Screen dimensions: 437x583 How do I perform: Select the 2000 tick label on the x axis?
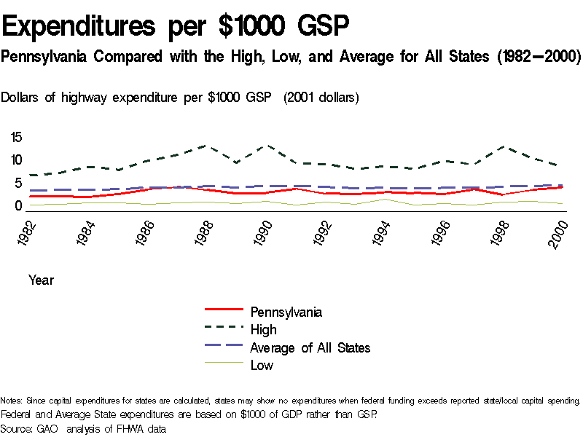coord(560,234)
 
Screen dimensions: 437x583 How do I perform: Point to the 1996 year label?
coord(441,234)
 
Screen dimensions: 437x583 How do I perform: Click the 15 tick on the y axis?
coord(16,137)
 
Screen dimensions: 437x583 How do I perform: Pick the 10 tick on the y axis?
coord(16,160)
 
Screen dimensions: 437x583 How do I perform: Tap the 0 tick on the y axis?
coord(20,206)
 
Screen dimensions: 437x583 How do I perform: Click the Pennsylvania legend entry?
coord(286,312)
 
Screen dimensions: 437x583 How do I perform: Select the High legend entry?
coord(263,330)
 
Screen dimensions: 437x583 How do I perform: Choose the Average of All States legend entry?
coord(310,347)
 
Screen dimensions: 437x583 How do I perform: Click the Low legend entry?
coord(262,366)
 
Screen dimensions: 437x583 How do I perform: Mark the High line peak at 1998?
coord(501,146)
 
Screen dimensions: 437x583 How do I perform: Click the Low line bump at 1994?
coord(382,199)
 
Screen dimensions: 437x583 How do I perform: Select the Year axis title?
coord(41,280)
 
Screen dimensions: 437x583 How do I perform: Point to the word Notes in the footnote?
coord(12,401)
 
